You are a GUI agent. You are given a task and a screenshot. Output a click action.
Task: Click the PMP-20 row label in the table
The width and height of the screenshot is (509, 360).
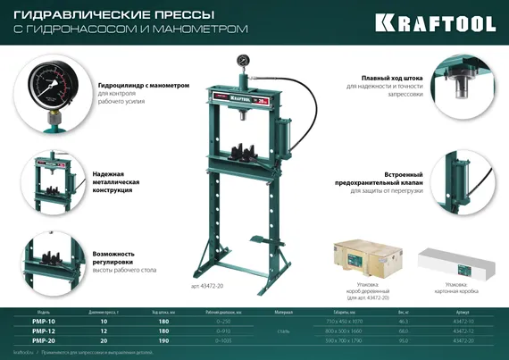click(x=43, y=340)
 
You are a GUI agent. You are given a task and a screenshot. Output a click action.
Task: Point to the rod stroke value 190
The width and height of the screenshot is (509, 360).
click(x=163, y=340)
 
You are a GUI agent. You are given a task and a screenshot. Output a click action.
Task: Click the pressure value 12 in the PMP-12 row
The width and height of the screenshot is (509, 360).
click(x=104, y=331)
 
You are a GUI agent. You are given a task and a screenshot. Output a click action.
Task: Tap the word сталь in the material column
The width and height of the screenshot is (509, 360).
click(x=283, y=331)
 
